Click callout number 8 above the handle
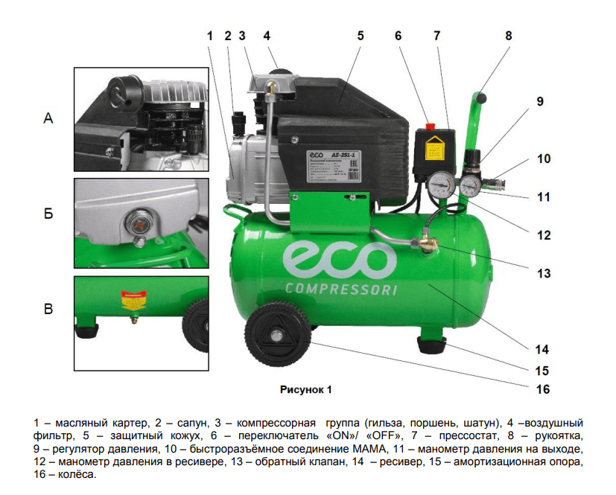(509, 34)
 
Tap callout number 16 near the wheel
(542, 389)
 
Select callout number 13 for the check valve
(542, 274)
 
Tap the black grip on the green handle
(482, 98)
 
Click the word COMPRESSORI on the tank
(340, 289)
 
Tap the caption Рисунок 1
(305, 389)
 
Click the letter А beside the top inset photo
(49, 118)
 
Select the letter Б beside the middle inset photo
(49, 214)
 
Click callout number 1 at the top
(210, 34)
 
